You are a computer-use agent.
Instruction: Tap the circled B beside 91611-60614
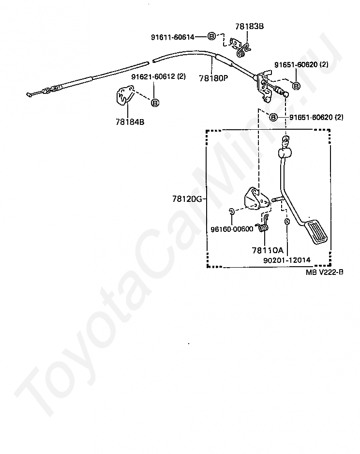coord(211,36)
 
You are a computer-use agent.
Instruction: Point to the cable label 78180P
coord(213,77)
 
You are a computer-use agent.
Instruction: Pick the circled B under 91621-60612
coord(155,103)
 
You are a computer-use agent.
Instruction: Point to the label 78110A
coord(267,250)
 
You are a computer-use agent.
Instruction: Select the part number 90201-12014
coord(287,260)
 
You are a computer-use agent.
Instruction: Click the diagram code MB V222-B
coord(324,272)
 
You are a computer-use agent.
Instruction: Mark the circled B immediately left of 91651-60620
coord(273,117)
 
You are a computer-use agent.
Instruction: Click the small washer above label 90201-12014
coord(287,222)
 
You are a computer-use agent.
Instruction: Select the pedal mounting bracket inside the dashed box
coord(255,198)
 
